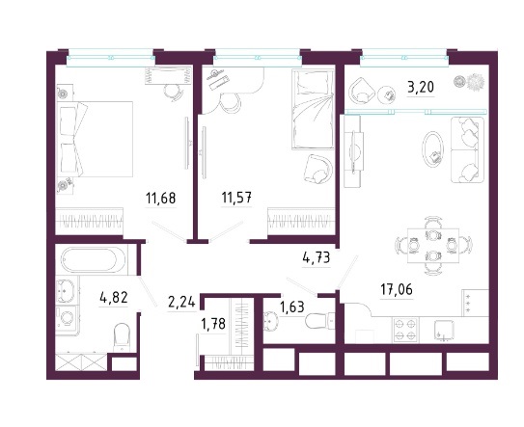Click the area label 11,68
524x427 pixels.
pos(161,199)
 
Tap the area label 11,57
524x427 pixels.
pos(236,198)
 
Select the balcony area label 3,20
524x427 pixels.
pos(421,88)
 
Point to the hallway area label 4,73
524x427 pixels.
pos(316,257)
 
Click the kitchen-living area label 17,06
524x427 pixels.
pos(397,289)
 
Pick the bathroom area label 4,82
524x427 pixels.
pos(114,297)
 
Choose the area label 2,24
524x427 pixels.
pos(181,303)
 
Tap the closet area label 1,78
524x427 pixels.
pos(213,324)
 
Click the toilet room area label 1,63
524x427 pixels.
pos(292,307)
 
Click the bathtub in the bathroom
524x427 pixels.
pos(90,260)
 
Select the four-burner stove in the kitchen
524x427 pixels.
pos(405,330)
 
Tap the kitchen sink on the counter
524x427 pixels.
pos(444,331)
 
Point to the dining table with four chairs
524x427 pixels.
pos(433,246)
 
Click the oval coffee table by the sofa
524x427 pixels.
pos(433,148)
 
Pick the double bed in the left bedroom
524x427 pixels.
pos(96,139)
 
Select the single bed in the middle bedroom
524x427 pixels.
pos(313,109)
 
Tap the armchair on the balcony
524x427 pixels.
pos(362,91)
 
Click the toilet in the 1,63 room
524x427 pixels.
pos(319,321)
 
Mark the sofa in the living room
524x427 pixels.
pos(467,149)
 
